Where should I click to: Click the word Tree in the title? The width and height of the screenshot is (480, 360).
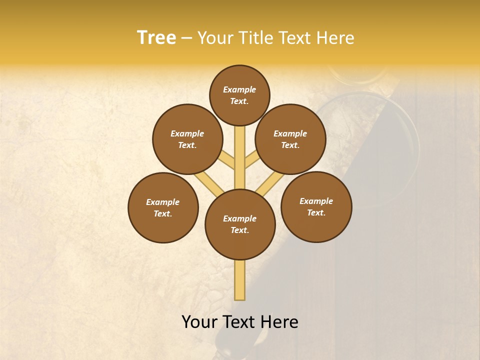coord(156,37)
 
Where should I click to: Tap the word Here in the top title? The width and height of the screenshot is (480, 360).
coord(335,37)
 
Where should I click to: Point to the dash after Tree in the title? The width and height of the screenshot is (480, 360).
coord(186,38)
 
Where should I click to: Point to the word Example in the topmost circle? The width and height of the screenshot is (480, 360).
coord(239,89)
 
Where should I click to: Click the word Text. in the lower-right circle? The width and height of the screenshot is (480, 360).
coord(316,212)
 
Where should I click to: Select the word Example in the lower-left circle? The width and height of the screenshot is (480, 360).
coord(162,202)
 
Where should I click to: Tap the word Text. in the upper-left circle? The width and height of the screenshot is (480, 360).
coord(187,145)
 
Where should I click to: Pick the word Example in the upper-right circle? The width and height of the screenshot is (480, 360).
coord(290,133)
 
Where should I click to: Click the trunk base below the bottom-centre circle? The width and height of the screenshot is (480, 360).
coord(240,280)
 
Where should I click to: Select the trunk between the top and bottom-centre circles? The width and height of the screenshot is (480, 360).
coord(240,157)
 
